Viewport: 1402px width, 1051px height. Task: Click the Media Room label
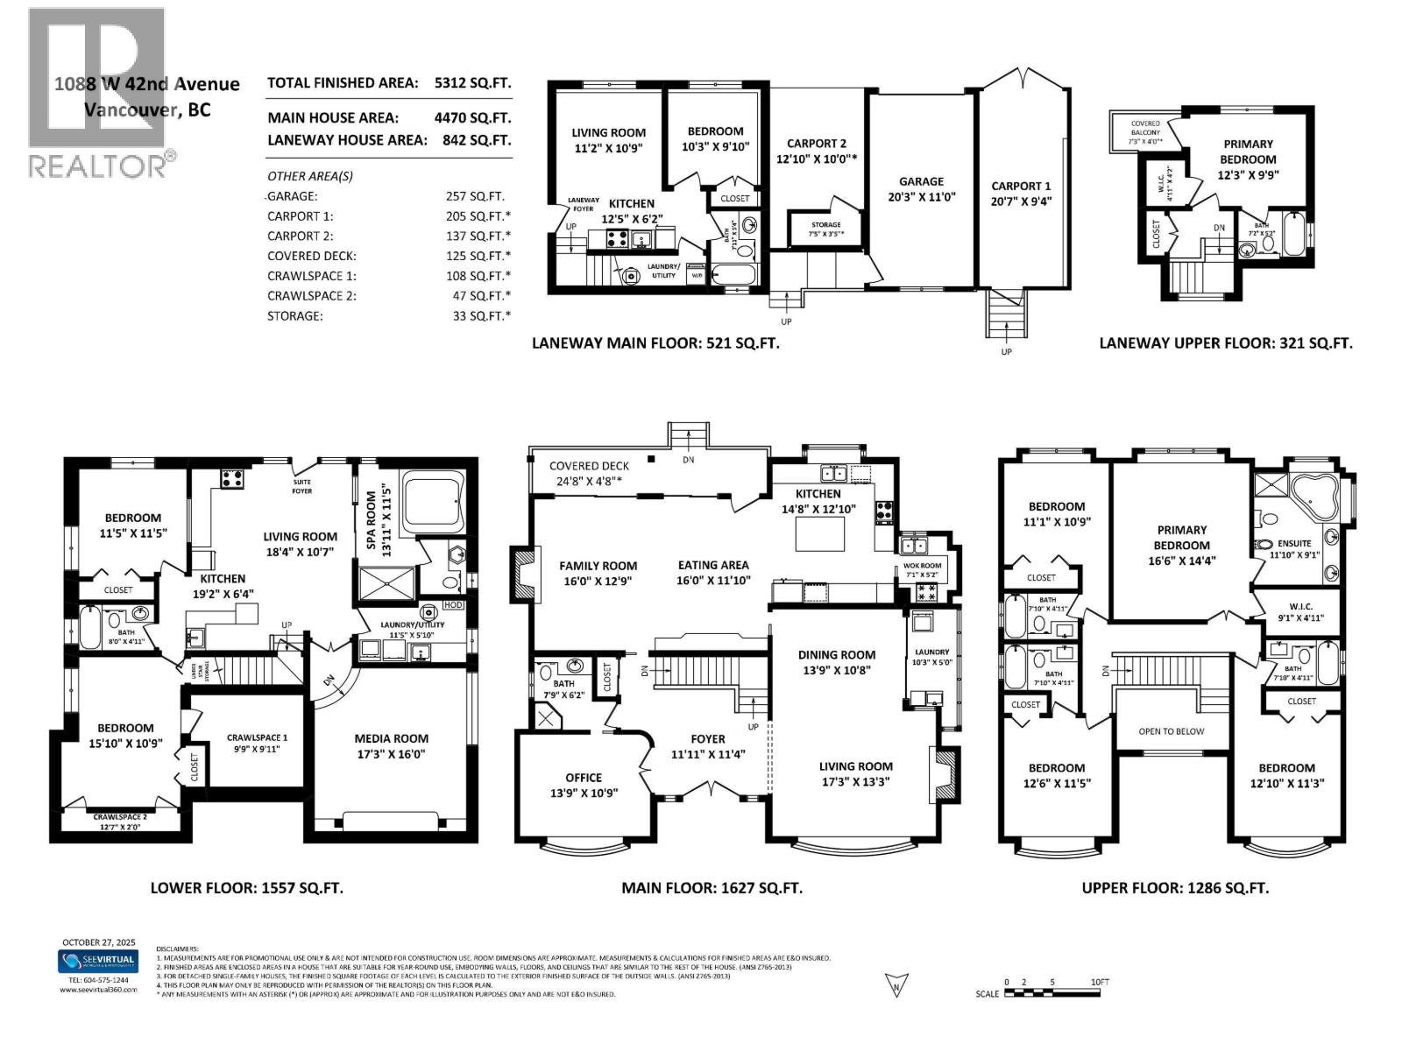pyautogui.click(x=391, y=738)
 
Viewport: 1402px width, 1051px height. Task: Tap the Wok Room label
pyautogui.click(x=922, y=566)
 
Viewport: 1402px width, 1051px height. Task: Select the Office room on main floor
pyautogui.click(x=583, y=785)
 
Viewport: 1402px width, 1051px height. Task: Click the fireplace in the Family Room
pyautogui.click(x=522, y=575)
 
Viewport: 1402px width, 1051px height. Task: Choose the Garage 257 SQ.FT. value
pyautogui.click(x=475, y=197)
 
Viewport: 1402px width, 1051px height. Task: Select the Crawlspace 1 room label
pyautogui.click(x=257, y=737)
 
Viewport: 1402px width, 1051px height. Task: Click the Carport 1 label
pyautogui.click(x=1021, y=186)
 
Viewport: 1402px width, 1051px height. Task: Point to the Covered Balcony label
pyautogui.click(x=1144, y=128)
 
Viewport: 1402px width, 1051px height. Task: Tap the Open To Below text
pyautogui.click(x=1172, y=731)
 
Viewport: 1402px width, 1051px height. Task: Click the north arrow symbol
pyautogui.click(x=896, y=984)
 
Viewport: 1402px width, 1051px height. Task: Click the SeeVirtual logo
pyautogui.click(x=98, y=962)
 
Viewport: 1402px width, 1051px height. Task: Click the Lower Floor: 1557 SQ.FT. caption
pyautogui.click(x=246, y=887)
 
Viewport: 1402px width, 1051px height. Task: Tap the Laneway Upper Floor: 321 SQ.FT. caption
pyautogui.click(x=1225, y=343)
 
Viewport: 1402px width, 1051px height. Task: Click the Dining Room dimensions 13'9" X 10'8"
pyautogui.click(x=836, y=670)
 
